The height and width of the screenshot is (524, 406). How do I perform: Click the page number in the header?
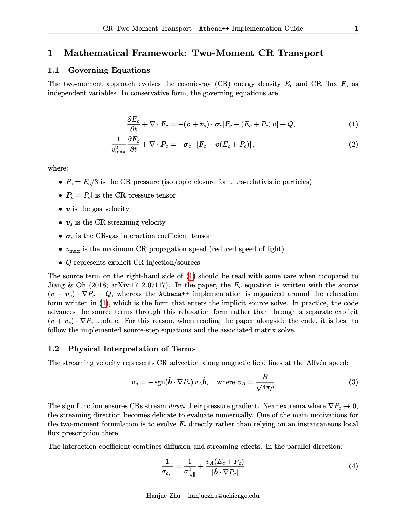356,29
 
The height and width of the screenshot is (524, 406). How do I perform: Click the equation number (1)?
353,124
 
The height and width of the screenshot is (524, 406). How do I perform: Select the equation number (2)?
353,145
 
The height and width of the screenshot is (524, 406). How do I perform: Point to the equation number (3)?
353,382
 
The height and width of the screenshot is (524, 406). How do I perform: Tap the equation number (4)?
353,467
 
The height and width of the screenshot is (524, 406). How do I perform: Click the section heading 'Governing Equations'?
109,70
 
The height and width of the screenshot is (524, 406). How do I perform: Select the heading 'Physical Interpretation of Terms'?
132,349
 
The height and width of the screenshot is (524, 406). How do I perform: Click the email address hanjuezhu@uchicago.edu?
224,496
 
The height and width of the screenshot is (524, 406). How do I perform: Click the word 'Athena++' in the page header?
214,29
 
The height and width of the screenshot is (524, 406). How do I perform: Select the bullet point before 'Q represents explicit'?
60,263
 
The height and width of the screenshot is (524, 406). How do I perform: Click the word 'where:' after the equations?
58,168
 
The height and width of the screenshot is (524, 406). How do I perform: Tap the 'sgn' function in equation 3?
159,383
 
